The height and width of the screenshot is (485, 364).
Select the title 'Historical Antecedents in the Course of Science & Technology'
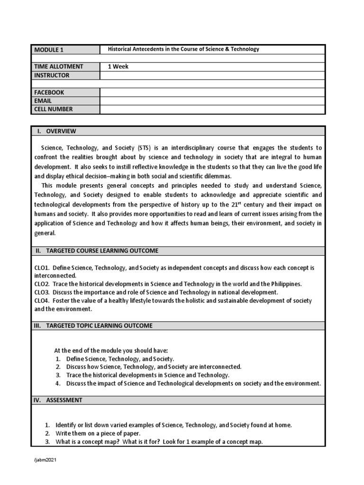(183, 49)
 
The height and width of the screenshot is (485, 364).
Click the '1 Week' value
(118, 67)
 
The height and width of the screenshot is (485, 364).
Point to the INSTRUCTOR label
(52, 75)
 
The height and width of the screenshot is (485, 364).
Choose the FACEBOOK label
(49, 92)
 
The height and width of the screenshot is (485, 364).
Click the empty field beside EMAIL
(212, 101)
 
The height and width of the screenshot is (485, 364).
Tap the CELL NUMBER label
(53, 109)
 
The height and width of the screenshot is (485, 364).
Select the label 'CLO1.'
(42, 268)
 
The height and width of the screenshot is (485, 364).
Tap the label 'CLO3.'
(42, 292)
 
